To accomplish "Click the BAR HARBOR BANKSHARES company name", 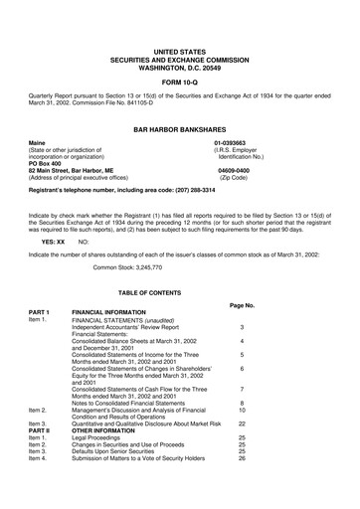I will coord(180,128).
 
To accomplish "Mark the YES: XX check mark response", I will coord(53,242).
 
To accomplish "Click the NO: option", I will coord(83,242).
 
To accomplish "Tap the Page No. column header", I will coord(242,305).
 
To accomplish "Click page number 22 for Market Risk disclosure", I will coord(242,424).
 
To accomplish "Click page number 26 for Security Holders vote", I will coord(242,458).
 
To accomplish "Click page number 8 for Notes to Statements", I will coord(242,403).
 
